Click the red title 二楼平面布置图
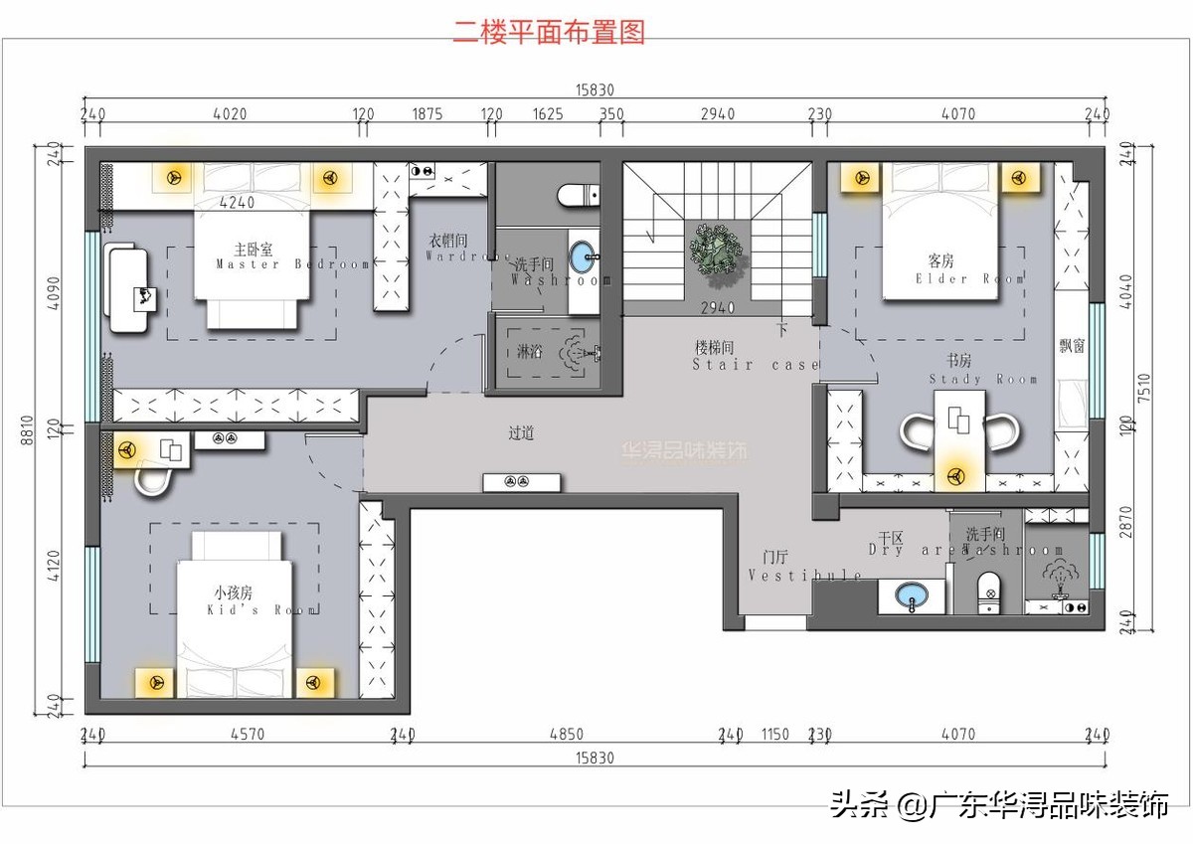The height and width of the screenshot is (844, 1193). pyautogui.click(x=550, y=32)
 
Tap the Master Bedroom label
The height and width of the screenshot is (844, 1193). pyautogui.click(x=291, y=257)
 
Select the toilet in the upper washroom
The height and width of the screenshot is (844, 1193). pyautogui.click(x=579, y=195)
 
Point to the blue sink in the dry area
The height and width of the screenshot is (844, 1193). pyautogui.click(x=913, y=595)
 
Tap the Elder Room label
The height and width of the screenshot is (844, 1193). pyautogui.click(x=968, y=270)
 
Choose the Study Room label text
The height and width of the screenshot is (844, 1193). pyautogui.click(x=982, y=371)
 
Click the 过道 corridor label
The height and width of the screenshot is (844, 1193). pyautogui.click(x=522, y=433)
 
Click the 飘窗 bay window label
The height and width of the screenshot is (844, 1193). pyautogui.click(x=1072, y=346)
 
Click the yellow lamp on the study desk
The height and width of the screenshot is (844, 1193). pyautogui.click(x=959, y=476)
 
